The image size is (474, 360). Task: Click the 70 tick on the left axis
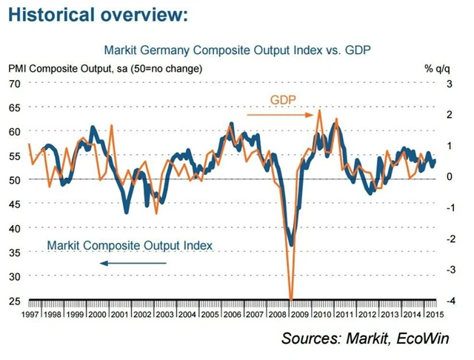click(x=14, y=83)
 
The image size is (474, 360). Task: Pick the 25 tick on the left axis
click(x=14, y=300)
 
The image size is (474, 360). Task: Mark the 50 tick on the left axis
click(x=14, y=179)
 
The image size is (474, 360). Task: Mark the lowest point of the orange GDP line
click(x=291, y=299)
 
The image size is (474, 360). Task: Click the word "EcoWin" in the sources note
click(x=418, y=339)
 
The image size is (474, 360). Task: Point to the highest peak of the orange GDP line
click(x=319, y=111)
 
